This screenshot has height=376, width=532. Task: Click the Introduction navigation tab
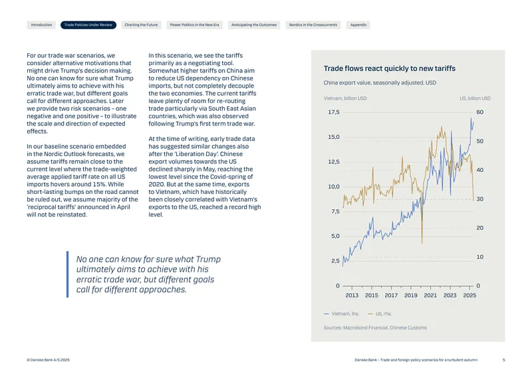click(41, 25)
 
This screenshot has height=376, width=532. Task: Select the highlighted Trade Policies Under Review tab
click(88, 25)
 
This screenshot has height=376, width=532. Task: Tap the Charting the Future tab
click(141, 25)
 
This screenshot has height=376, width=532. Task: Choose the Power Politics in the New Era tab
click(194, 25)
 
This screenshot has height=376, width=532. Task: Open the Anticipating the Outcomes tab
click(254, 25)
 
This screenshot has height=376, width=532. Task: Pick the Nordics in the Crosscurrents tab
click(313, 25)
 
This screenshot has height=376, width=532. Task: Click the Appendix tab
click(358, 25)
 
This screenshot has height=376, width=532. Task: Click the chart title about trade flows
click(390, 68)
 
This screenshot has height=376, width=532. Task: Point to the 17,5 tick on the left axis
click(334, 112)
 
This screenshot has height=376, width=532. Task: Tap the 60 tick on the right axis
click(479, 112)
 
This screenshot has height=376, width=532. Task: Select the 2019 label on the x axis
click(410, 296)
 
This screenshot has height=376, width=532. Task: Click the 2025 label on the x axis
click(469, 296)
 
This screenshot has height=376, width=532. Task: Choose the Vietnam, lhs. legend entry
click(341, 314)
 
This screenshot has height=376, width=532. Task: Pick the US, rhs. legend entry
click(380, 314)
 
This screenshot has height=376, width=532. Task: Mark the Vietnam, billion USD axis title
click(345, 98)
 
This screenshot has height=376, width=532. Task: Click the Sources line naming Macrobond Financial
click(375, 328)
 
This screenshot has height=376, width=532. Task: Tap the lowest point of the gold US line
click(422, 243)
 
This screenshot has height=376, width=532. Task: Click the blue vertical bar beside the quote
click(68, 274)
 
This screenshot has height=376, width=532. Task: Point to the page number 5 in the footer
click(504, 360)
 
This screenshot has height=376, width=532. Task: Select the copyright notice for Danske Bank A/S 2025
click(48, 360)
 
